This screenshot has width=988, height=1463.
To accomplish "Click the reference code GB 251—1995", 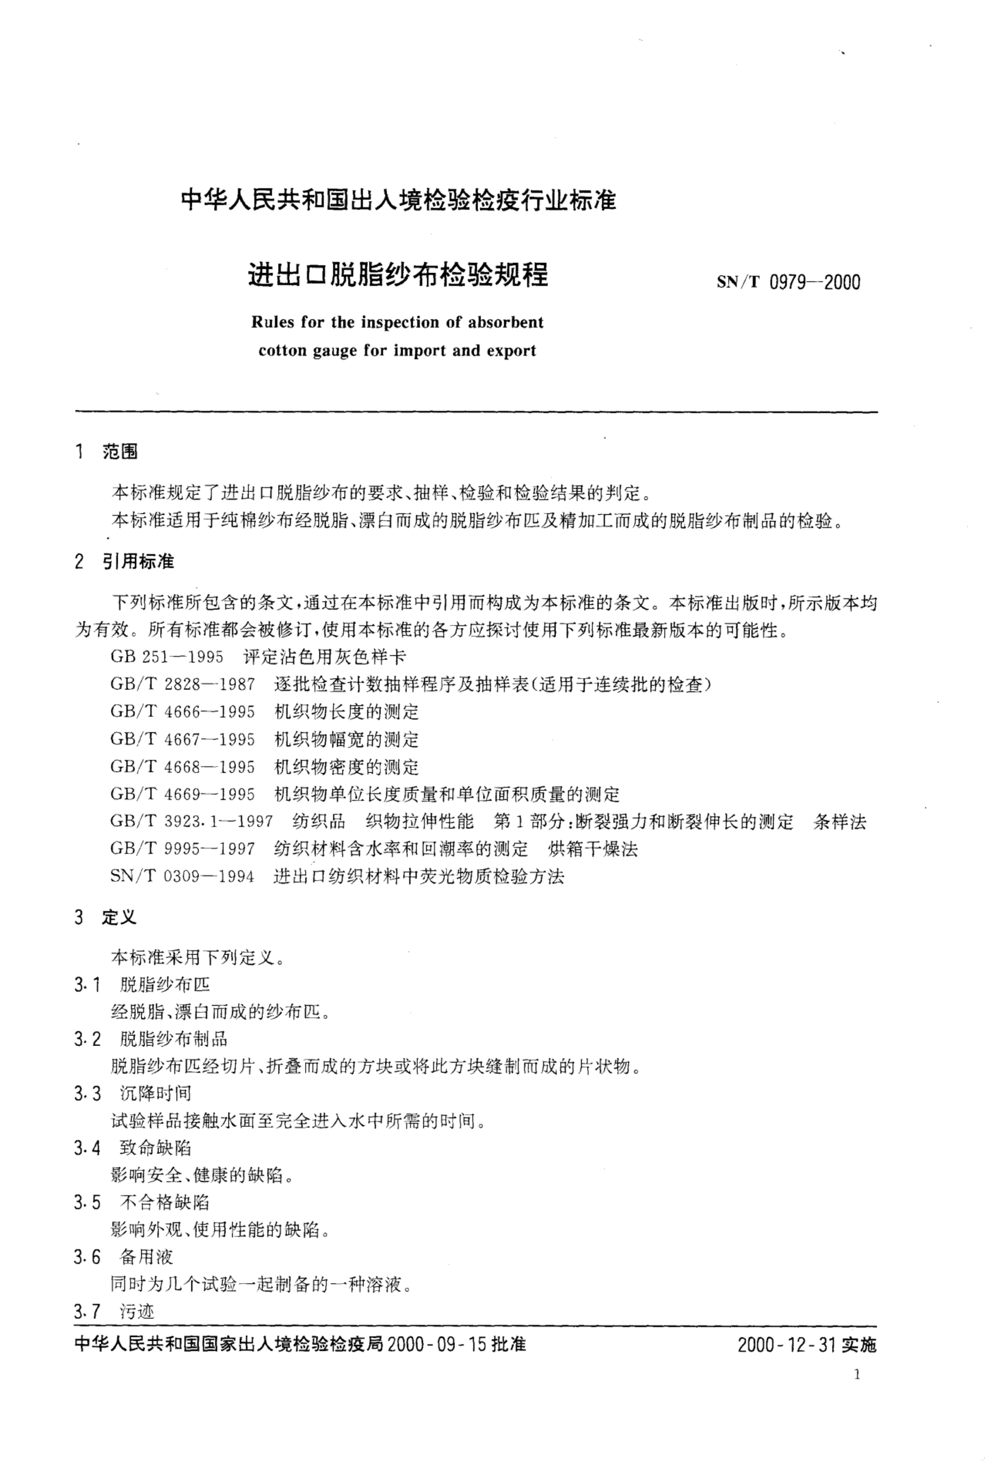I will tap(167, 657).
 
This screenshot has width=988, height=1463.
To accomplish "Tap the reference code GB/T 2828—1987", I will tap(182, 684).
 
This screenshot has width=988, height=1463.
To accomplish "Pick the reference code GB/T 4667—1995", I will tap(182, 739).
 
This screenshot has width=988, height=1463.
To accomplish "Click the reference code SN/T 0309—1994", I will tap(182, 876).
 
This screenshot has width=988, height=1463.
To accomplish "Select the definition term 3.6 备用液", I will tap(123, 1257).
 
